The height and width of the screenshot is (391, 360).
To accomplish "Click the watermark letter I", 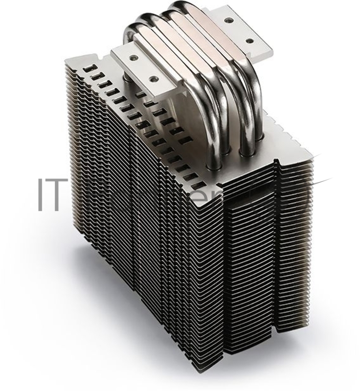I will [40, 194].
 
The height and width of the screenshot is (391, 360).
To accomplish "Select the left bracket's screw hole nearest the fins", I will [153, 77].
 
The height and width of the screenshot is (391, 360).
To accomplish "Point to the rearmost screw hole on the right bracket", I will [228, 22].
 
